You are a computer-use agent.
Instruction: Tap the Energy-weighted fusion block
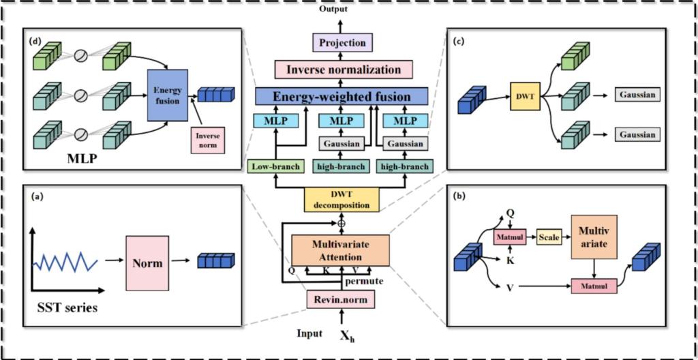342,95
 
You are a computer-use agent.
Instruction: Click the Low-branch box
274,166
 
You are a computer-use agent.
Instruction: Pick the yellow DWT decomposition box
342,200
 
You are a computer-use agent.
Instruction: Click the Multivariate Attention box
341,250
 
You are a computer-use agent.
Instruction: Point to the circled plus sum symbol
341,224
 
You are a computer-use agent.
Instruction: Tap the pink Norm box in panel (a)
148,263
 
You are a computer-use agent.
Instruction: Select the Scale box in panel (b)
549,238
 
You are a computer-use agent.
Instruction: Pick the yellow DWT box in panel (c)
526,95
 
